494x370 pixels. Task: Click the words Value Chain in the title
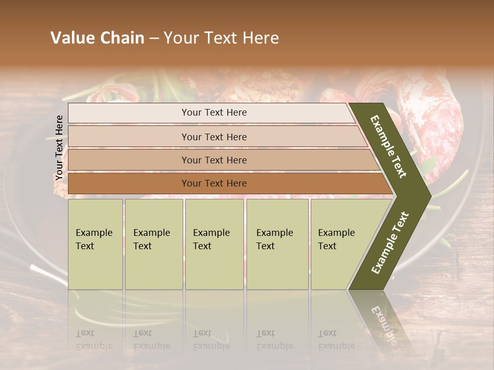[x=97, y=38]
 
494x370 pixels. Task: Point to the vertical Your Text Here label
[x=60, y=147]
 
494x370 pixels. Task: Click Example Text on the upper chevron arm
[x=389, y=146]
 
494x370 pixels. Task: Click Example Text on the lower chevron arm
[x=390, y=243]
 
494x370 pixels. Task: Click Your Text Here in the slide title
[x=221, y=38]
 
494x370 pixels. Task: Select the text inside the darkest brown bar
[x=214, y=183]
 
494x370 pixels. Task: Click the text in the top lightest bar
[x=214, y=113]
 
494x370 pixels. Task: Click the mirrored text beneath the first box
[x=94, y=340]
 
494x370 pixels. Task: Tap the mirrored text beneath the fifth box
[x=336, y=340]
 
